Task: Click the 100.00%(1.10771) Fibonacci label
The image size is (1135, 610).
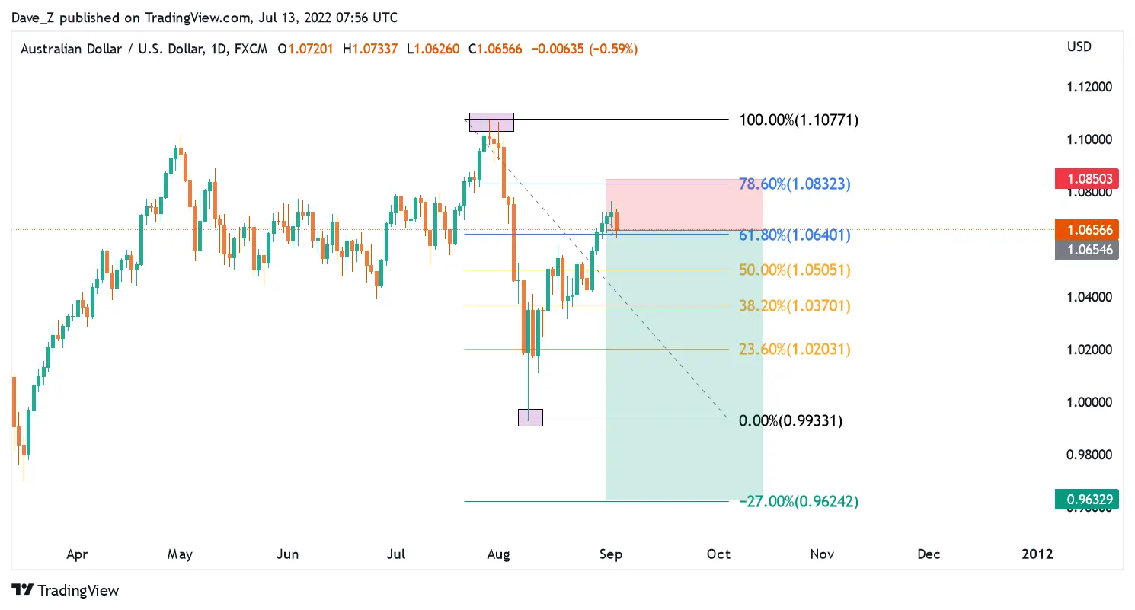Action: point(798,120)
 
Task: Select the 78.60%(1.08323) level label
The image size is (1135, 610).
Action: point(794,184)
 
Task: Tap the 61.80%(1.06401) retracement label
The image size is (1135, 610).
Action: point(794,235)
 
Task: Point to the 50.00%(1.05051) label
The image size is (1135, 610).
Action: point(794,270)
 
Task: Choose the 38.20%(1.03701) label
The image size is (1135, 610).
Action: point(794,305)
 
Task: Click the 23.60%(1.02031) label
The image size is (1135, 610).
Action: point(794,349)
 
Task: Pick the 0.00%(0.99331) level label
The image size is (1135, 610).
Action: point(790,420)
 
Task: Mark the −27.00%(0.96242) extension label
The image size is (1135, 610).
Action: point(798,501)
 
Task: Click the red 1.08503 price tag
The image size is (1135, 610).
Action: point(1089,180)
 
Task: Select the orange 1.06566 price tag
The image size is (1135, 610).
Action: point(1089,230)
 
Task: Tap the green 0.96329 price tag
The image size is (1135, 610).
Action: point(1089,500)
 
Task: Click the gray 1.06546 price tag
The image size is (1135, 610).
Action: point(1089,249)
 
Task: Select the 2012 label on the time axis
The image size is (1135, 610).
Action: point(1037,554)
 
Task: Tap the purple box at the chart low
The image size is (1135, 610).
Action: point(530,417)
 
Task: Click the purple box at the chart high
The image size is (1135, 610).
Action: point(491,122)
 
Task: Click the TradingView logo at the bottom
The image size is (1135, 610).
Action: point(66,590)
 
